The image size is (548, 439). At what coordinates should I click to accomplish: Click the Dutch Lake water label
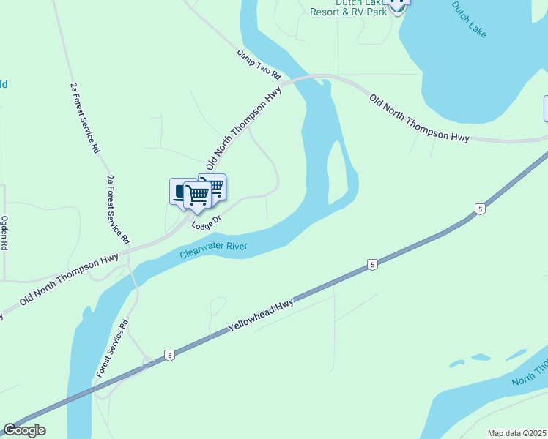(470, 20)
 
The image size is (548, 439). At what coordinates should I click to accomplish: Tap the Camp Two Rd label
(259, 64)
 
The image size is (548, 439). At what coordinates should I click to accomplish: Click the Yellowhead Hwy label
(261, 314)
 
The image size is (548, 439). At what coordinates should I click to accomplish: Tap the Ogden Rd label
(4, 233)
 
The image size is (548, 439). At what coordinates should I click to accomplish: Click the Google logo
(24, 430)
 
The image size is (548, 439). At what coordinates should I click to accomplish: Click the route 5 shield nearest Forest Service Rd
(170, 355)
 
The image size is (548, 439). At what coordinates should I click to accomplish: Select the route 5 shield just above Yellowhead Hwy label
(373, 264)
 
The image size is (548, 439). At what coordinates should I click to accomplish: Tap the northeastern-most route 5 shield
(480, 209)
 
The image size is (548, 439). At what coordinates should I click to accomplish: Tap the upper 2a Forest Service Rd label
(84, 117)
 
